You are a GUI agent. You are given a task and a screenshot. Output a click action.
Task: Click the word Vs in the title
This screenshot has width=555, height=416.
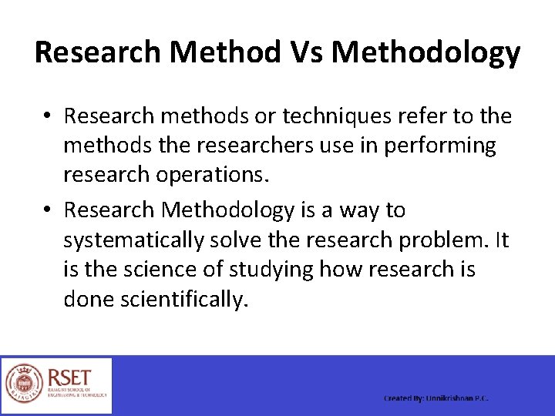[304, 52]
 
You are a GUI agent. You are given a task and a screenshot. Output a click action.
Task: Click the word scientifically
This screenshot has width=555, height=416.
[185, 299]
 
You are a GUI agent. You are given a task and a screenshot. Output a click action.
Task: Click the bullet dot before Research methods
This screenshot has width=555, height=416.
[48, 116]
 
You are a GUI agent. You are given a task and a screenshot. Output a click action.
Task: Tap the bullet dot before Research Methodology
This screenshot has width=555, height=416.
[48, 210]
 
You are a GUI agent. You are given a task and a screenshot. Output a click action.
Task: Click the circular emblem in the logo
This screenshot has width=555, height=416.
[25, 384]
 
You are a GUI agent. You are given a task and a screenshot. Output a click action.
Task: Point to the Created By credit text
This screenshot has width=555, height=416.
[436, 398]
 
